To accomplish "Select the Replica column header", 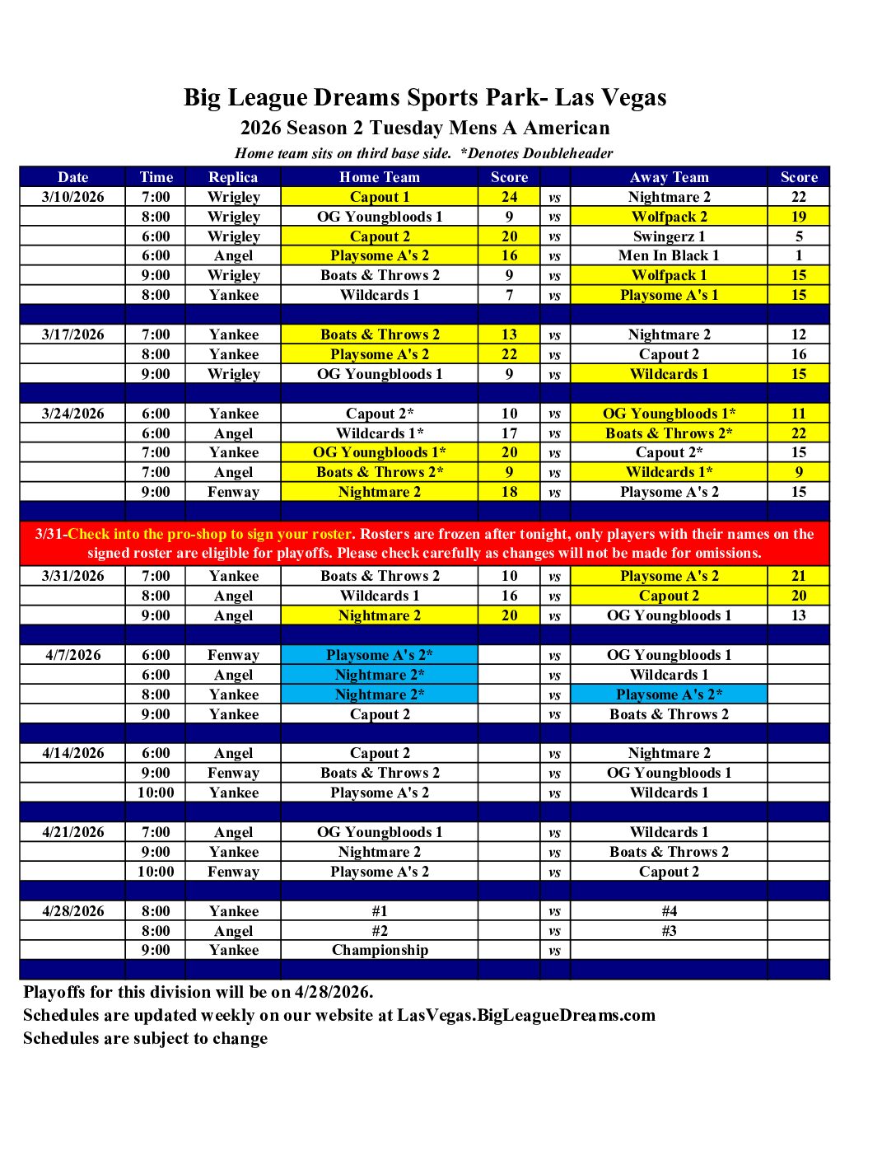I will tap(233, 177).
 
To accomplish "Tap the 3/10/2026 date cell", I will tap(72, 197).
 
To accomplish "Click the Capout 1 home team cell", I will tap(380, 197).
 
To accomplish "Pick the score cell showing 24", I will tap(509, 197).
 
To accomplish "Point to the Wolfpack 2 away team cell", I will tap(669, 217).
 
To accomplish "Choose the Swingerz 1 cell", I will tap(669, 236).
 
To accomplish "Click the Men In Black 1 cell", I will tap(669, 255).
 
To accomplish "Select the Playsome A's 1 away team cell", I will tap(669, 295).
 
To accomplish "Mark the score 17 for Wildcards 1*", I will tap(509, 433).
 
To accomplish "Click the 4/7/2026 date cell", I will tap(72, 655).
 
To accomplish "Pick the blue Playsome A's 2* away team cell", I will tap(669, 695).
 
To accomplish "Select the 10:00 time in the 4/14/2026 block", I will tap(156, 793).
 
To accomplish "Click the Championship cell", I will tap(380, 950).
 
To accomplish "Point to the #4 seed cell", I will tap(669, 911).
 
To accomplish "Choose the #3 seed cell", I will tap(669, 931).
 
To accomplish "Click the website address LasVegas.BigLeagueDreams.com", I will tap(526, 1015).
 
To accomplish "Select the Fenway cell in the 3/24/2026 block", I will tap(233, 492).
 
